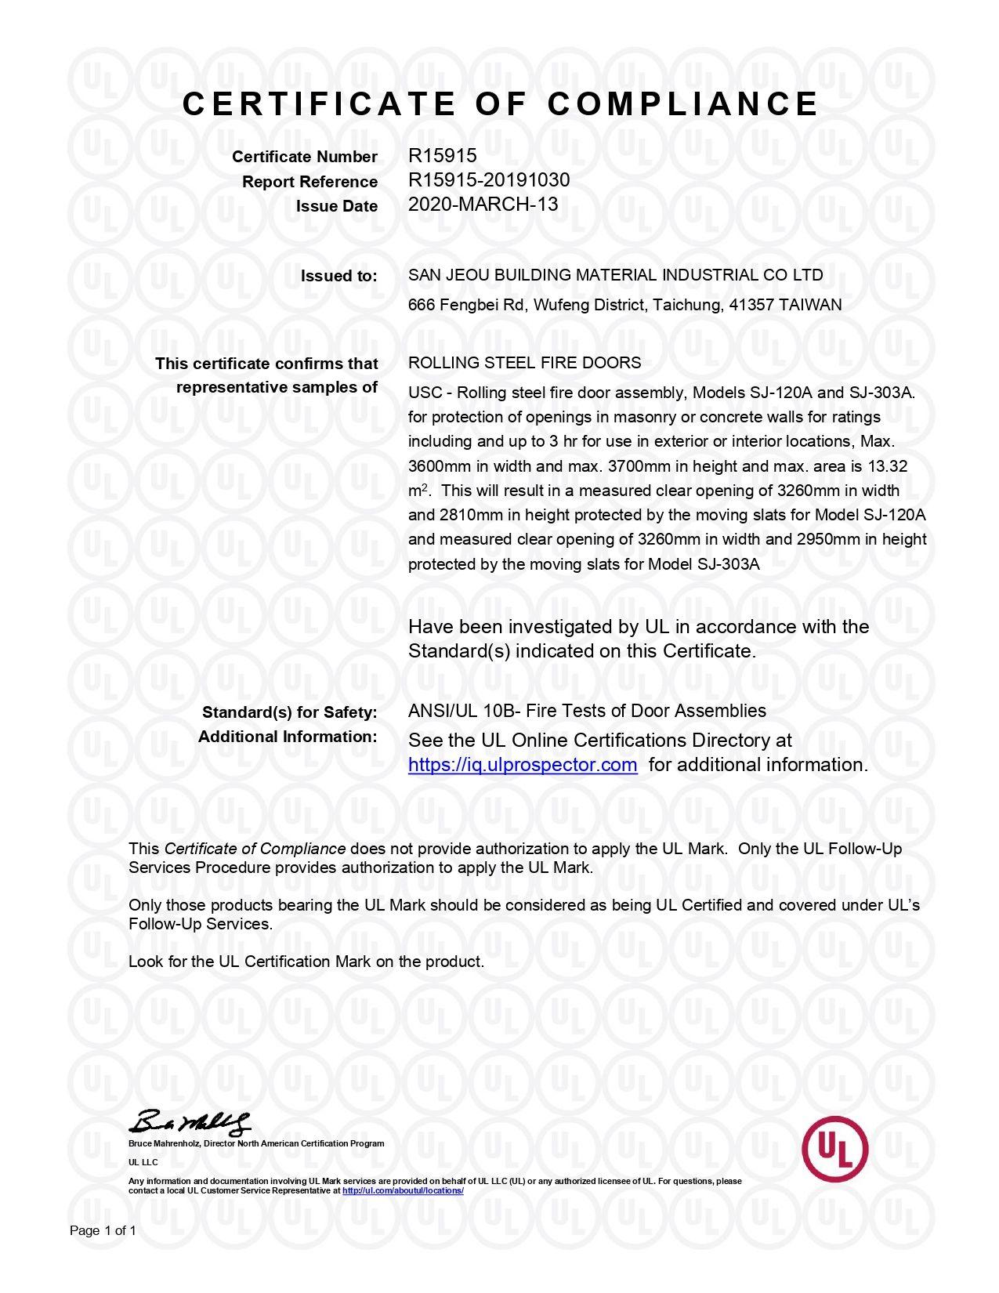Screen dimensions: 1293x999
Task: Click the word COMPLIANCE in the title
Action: (x=682, y=104)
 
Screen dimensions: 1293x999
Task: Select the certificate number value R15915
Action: (x=442, y=156)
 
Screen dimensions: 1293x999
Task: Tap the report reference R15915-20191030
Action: (x=489, y=180)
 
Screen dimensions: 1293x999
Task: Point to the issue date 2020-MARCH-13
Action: (x=483, y=205)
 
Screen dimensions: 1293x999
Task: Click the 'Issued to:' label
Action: (x=338, y=276)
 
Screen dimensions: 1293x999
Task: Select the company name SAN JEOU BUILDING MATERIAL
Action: (x=533, y=275)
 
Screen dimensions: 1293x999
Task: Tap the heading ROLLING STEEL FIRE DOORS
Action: (x=524, y=363)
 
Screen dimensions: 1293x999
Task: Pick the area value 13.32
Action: (x=888, y=466)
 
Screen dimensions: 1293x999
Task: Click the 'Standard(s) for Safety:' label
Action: (x=289, y=712)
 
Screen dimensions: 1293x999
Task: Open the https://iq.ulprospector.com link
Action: (x=523, y=765)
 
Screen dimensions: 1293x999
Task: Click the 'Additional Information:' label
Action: (x=288, y=737)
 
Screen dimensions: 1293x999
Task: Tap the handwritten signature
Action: (x=193, y=1122)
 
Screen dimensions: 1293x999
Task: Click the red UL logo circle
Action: (x=834, y=1149)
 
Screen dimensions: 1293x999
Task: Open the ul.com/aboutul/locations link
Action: (x=403, y=1190)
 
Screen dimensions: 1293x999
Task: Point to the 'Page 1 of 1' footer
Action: (x=103, y=1231)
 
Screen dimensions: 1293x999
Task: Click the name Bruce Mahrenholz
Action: (x=164, y=1143)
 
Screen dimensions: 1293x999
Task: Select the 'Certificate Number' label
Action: (x=304, y=157)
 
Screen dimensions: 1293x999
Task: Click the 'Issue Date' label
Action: (x=336, y=206)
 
